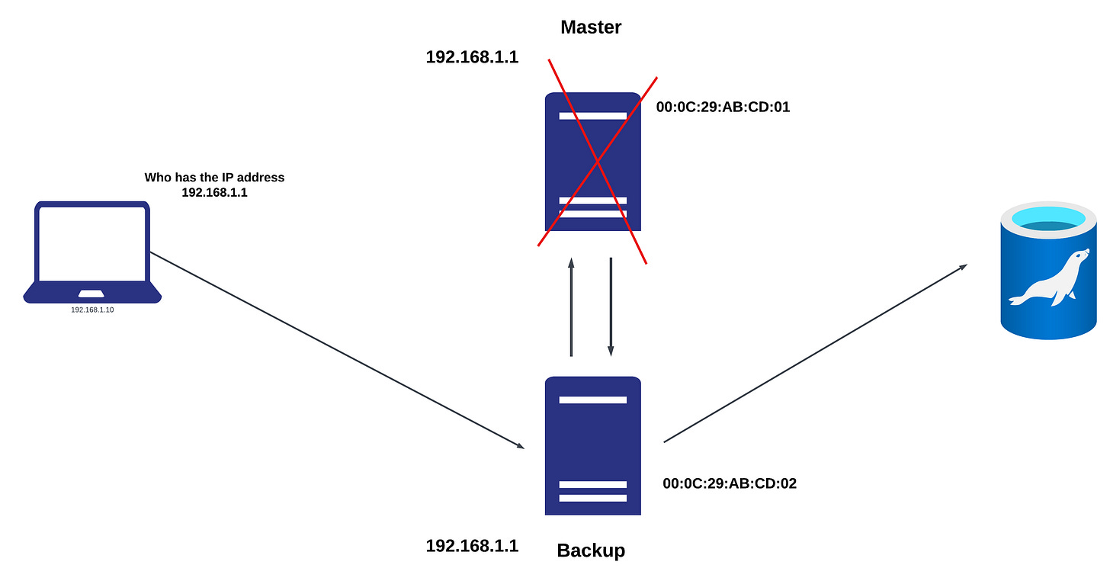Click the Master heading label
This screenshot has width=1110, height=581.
pos(591,27)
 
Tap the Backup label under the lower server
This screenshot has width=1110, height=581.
pos(591,551)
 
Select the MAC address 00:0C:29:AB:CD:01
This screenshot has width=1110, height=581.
pos(723,108)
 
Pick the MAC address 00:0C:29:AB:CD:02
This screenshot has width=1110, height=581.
pos(730,483)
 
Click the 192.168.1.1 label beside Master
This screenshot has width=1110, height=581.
pos(472,57)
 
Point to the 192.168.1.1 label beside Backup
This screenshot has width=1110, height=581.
pos(472,546)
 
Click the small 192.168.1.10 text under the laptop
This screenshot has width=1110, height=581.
pos(92,310)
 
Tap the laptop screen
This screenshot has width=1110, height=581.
pos(92,244)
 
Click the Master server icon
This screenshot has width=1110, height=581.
pos(593,162)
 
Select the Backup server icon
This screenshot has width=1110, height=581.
pos(593,446)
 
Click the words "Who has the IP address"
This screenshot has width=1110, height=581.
pos(214,178)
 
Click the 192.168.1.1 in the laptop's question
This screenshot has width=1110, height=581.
pos(214,193)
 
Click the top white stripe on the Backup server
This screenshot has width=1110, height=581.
pos(593,400)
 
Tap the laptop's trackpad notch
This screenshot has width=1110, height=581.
pos(92,294)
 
